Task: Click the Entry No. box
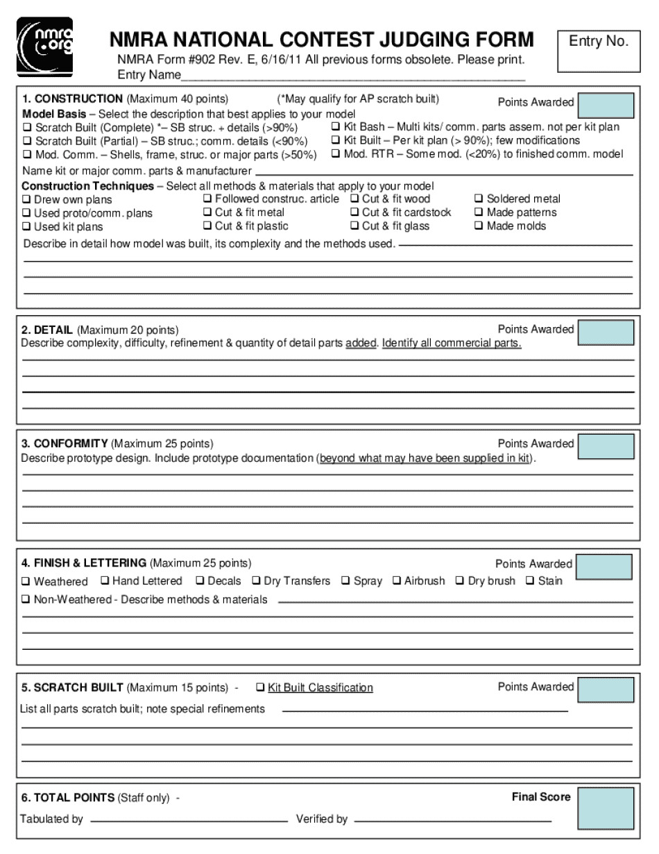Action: click(x=599, y=51)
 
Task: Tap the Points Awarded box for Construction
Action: click(x=606, y=106)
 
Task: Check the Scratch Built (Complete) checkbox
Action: click(x=28, y=128)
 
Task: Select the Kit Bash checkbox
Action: click(x=336, y=127)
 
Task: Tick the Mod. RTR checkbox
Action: click(x=336, y=154)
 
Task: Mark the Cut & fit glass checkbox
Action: click(x=355, y=226)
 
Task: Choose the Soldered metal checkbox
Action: click(x=479, y=199)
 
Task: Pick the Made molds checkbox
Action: click(x=479, y=226)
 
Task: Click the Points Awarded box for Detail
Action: click(x=606, y=333)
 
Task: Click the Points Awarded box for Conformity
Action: click(x=606, y=446)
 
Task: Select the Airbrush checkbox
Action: click(x=397, y=580)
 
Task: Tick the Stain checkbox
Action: click(x=531, y=580)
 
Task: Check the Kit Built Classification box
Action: click(x=260, y=687)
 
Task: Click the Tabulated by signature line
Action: click(x=189, y=821)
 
